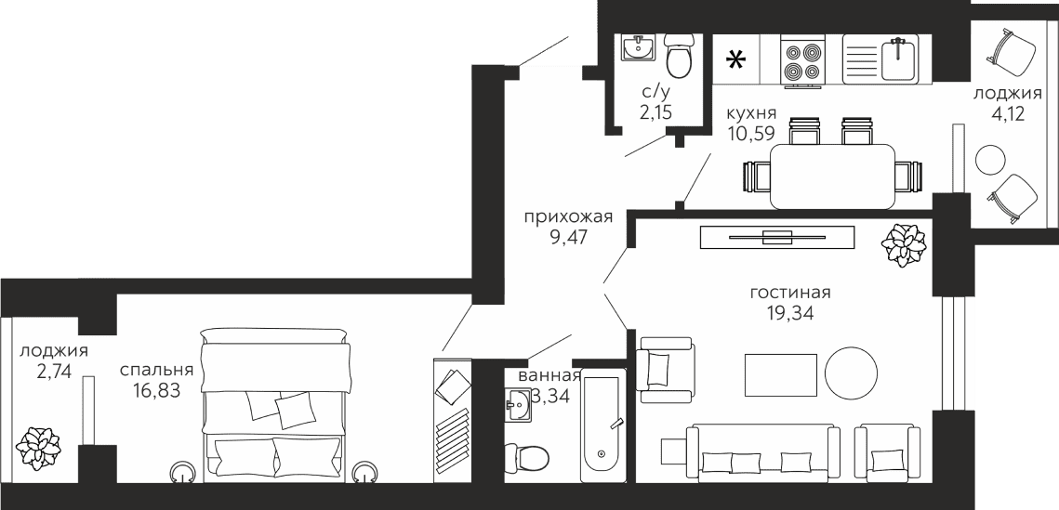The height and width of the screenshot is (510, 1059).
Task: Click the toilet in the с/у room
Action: point(679,56)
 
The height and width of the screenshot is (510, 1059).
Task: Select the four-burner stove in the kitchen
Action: point(801,60)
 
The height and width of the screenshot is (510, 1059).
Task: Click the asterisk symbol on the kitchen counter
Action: point(735,60)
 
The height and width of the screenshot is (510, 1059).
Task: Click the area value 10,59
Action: point(751,132)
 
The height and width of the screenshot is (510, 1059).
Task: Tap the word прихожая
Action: point(569,217)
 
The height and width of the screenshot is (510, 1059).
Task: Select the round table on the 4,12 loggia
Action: point(991,159)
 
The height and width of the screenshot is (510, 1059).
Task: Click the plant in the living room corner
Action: point(904,243)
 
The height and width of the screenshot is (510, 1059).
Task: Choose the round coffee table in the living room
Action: point(851,373)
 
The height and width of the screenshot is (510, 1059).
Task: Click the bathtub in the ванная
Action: point(604,426)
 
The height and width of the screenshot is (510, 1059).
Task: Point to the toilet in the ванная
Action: point(527,457)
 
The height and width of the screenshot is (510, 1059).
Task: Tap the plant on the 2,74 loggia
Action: point(38,449)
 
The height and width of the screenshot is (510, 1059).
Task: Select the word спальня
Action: point(157,370)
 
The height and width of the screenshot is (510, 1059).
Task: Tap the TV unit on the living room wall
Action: point(776,237)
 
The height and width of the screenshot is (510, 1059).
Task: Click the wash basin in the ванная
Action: point(518,405)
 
